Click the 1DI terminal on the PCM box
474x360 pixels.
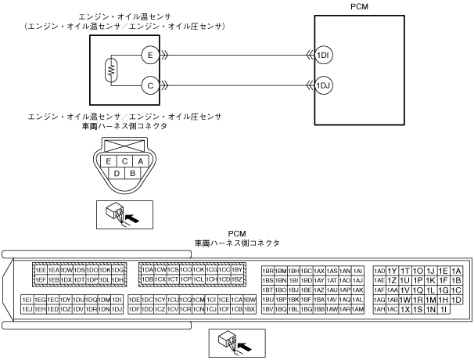pyautogui.click(x=322, y=55)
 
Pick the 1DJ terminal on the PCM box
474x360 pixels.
pyautogui.click(x=322, y=84)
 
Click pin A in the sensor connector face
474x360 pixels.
pyautogui.click(x=139, y=160)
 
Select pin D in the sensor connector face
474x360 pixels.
pyautogui.click(x=117, y=172)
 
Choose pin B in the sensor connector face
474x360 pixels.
pyautogui.click(x=133, y=172)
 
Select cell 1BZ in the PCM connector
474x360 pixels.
pyautogui.click(x=239, y=279)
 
